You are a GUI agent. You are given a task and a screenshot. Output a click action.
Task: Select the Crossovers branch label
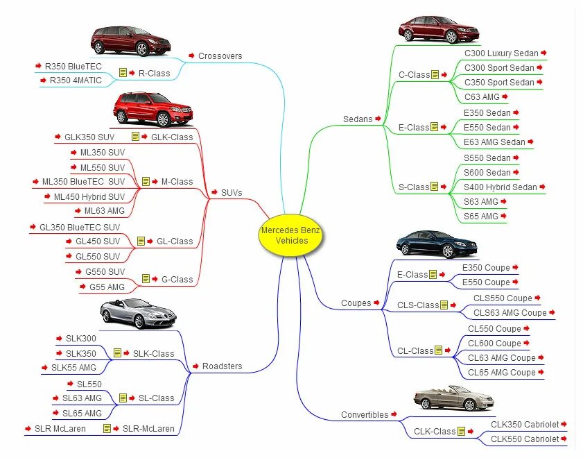220,56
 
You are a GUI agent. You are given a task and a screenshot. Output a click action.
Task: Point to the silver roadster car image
138,313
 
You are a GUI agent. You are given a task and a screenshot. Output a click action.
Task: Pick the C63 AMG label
482,97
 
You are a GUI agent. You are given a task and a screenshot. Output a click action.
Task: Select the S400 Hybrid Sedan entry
501,187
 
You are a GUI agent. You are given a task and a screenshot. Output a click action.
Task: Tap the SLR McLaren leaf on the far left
60,429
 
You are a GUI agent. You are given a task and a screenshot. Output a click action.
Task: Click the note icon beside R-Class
123,73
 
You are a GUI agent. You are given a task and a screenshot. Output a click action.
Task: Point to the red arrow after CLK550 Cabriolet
564,439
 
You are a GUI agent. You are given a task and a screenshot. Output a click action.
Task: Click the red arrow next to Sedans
378,119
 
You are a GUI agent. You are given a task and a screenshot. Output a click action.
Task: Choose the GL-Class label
175,241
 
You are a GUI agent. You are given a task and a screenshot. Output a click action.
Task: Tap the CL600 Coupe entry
494,343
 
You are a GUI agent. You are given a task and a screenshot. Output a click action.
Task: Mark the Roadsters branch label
222,366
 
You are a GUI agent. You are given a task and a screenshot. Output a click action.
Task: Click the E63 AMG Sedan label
494,142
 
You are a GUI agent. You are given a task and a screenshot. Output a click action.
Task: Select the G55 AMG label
107,287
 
